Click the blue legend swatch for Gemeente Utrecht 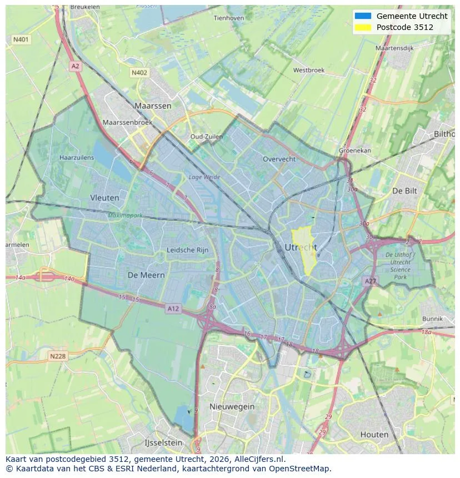363,16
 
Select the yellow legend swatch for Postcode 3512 363,27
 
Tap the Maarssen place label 153,105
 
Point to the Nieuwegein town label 232,406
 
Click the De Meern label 146,275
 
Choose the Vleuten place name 104,197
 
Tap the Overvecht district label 279,159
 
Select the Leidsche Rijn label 188,250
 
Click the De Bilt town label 404,190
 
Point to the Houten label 374,434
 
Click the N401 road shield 21,40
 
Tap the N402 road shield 139,73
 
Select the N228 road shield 58,356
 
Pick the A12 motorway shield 173,309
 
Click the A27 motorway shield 370,281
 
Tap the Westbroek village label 309,71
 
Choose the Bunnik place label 432,319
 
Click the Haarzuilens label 77,158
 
